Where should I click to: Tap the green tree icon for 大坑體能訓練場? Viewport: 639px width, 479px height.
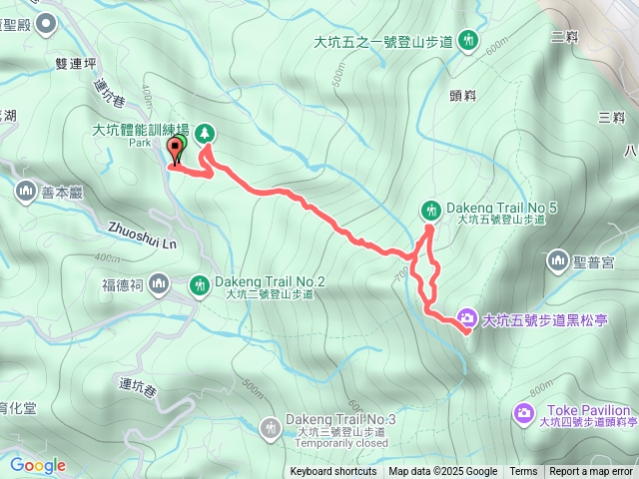point(205,133)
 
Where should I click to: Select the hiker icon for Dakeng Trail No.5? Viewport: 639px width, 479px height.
point(430,210)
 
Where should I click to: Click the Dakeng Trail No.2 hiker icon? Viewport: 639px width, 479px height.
point(199,286)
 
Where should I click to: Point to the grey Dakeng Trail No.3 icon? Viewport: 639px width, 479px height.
point(270,428)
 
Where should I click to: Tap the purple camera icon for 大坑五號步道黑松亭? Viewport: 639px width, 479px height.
point(466,320)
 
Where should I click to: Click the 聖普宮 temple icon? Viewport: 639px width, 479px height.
point(557,261)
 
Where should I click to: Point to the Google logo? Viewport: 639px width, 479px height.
point(37,465)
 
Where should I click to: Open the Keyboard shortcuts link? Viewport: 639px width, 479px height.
point(333,472)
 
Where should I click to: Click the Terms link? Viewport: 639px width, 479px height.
point(523,472)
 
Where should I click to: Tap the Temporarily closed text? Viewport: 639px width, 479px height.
point(341,444)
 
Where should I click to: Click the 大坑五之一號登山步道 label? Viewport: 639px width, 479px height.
point(383,42)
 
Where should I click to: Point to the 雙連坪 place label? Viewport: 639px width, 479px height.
point(77,63)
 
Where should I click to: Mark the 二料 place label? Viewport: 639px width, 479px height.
point(565,37)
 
